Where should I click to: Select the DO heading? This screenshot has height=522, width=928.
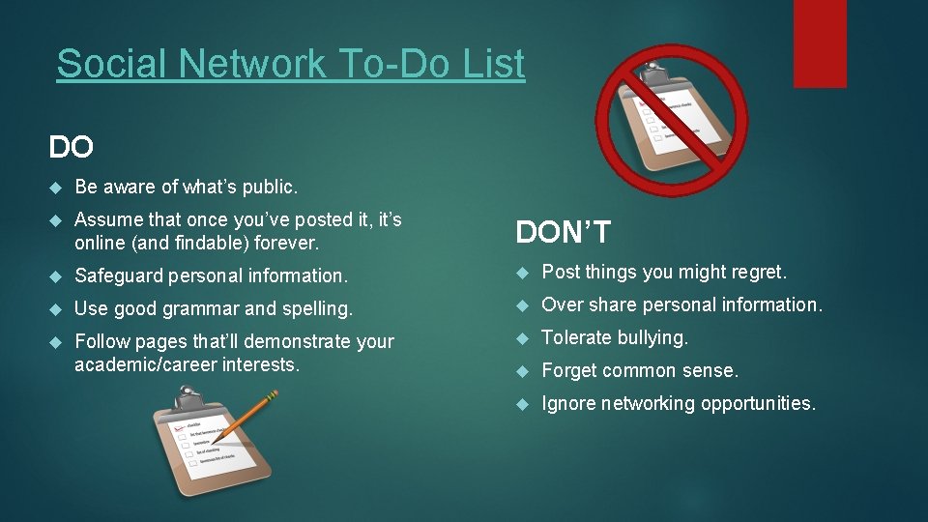[72, 147]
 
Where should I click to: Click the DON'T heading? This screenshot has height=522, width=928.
[564, 232]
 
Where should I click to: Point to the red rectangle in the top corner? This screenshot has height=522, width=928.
[819, 43]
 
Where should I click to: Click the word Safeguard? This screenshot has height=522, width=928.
[119, 275]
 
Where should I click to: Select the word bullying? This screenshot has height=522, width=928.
[654, 337]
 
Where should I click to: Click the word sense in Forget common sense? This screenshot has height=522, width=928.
[712, 370]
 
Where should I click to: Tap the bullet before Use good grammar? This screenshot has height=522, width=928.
[55, 309]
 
